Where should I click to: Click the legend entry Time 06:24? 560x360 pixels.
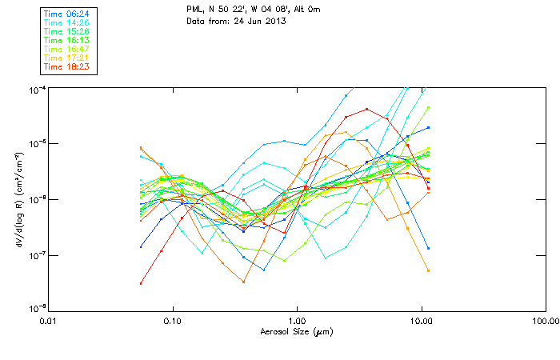coord(67,14)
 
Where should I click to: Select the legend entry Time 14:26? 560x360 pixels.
coord(67,22)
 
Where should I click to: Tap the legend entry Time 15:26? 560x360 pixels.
coord(67,31)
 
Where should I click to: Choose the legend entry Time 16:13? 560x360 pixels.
coord(67,40)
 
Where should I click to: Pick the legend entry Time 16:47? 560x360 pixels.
coord(67,49)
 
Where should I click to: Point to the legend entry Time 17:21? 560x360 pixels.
coord(67,58)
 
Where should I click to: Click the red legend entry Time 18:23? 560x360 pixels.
coord(67,66)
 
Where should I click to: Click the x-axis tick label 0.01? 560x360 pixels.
coord(48,322)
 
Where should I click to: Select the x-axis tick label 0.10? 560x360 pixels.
coord(172,322)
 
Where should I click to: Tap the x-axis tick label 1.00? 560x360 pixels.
coord(297,322)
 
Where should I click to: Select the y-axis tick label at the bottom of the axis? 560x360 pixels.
coord(37,309)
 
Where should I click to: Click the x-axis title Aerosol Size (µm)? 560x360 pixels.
coord(296,331)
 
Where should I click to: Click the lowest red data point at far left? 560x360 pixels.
coord(141,283)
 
